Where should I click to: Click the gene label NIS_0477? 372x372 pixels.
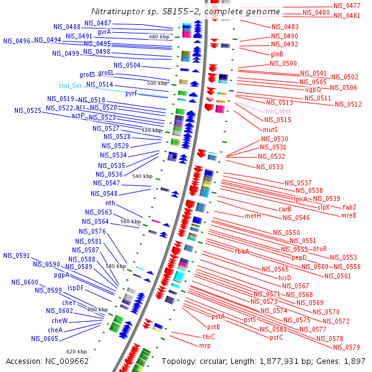click(x=347, y=6)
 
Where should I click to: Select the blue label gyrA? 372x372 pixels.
click(x=104, y=32)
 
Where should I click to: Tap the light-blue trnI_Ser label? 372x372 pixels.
click(x=71, y=86)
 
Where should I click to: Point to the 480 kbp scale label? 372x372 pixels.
click(x=159, y=37)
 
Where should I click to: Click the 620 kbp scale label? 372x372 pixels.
click(x=76, y=352)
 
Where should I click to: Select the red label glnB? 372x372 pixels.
click(x=277, y=54)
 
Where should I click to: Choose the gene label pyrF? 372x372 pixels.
click(x=131, y=94)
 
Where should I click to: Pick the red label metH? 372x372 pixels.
click(x=253, y=216)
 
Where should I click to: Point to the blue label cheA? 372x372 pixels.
click(x=55, y=330)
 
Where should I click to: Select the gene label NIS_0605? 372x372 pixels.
click(x=46, y=339)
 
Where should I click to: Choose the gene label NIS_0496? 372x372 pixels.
click(x=17, y=41)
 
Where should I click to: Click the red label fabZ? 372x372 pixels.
click(x=350, y=207)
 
